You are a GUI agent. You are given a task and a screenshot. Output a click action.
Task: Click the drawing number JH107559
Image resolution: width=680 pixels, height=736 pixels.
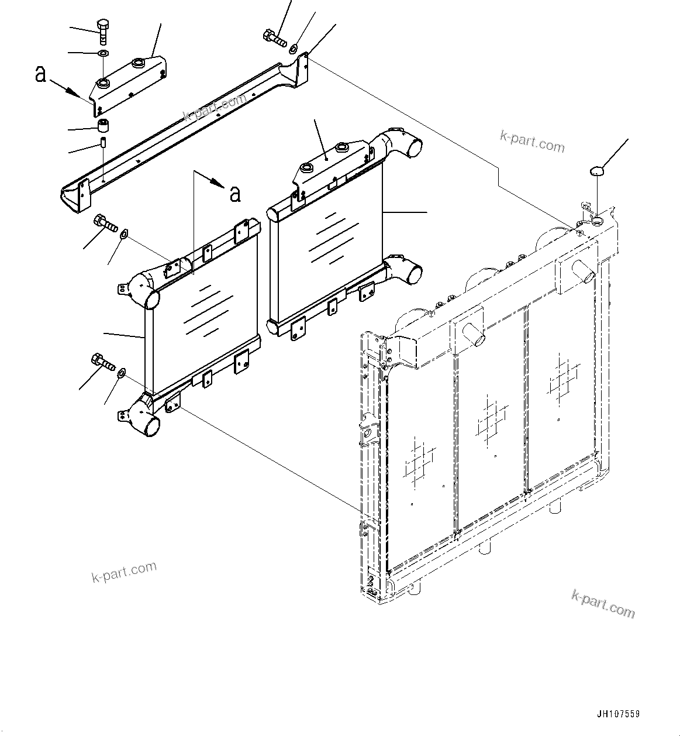(x=618, y=714)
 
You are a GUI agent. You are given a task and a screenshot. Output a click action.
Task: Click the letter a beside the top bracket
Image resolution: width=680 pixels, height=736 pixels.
(x=40, y=74)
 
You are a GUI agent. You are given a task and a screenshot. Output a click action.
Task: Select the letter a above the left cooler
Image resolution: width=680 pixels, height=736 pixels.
(x=235, y=194)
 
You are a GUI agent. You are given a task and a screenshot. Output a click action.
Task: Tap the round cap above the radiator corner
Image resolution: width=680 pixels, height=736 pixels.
(x=596, y=171)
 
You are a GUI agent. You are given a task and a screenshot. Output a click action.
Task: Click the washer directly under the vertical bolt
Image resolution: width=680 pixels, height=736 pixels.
(x=103, y=54)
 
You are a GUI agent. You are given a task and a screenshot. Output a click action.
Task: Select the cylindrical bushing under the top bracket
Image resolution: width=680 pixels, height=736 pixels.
(x=103, y=126)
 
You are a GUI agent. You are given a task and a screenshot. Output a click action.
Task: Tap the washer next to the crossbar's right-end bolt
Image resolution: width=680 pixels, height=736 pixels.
(x=294, y=47)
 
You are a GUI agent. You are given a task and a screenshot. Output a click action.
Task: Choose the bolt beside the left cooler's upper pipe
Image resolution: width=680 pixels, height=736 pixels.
(x=105, y=223)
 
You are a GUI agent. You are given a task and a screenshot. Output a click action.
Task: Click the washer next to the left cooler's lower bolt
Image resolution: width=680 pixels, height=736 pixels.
(x=121, y=373)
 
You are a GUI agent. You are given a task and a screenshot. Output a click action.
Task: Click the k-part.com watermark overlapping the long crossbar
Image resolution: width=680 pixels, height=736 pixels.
(x=214, y=107)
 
